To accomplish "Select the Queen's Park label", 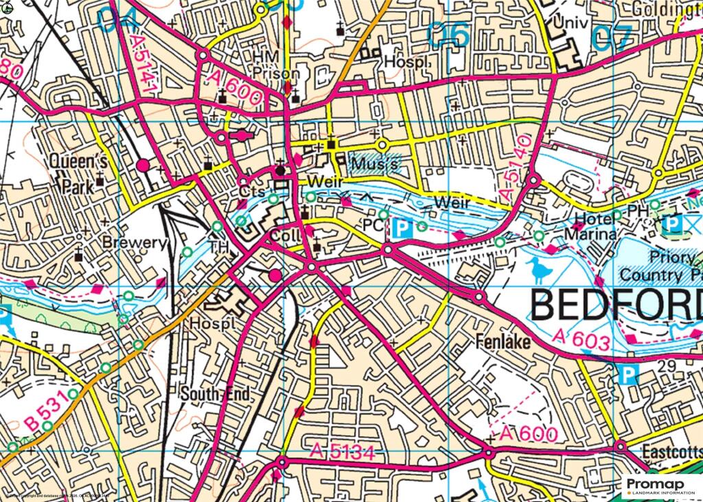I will (77, 174).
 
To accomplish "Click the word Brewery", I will (135, 242).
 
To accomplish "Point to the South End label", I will (215, 394).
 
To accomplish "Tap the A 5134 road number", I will (342, 451).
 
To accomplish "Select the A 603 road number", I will (581, 339).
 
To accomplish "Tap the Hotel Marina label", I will (590, 227).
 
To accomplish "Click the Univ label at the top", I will (574, 23).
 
